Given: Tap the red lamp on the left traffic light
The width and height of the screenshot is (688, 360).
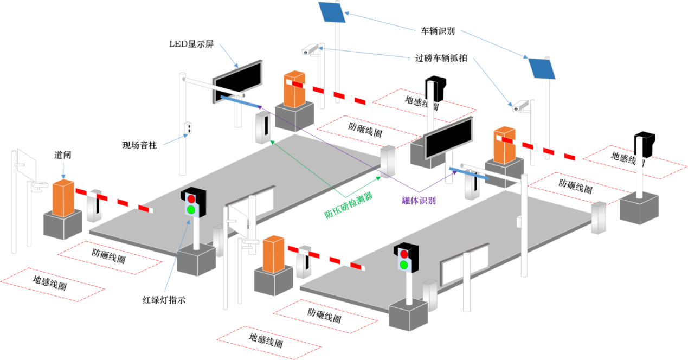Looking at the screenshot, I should [x=191, y=199].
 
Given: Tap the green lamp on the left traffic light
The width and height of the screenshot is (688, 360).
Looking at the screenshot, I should [x=191, y=209].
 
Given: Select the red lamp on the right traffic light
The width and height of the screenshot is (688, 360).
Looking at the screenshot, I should [x=404, y=254].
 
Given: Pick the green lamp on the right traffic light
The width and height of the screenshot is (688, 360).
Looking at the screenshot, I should [x=404, y=265].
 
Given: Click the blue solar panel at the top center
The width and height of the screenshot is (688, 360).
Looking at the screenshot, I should [x=331, y=12].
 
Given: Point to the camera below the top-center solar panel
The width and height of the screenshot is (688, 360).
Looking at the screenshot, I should [x=311, y=50].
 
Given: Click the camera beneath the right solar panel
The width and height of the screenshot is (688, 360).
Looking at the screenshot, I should [x=520, y=106].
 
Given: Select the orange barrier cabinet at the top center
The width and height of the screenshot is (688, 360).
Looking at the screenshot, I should [x=294, y=90].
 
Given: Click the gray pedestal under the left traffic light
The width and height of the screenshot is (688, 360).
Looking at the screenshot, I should [x=196, y=260].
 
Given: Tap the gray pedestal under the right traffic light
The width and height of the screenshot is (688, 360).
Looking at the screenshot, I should [x=408, y=315].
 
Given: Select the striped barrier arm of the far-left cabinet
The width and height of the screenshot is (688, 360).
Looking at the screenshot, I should [x=113, y=200].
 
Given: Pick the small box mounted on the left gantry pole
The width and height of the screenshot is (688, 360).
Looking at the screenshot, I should [x=188, y=128].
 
